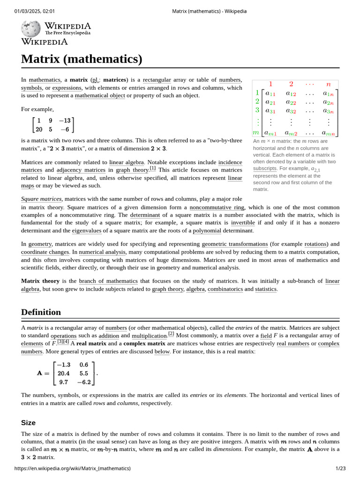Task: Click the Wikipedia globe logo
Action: (x=30, y=29)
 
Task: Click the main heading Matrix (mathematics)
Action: (x=82, y=59)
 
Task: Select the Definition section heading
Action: (x=41, y=312)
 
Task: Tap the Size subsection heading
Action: (x=28, y=422)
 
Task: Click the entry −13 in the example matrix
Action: (x=64, y=120)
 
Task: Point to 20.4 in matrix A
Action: (x=63, y=374)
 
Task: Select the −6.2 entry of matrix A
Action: (x=85, y=382)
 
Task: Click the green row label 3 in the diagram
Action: (x=257, y=111)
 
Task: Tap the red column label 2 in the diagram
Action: (x=291, y=84)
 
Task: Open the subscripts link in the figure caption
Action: (x=264, y=168)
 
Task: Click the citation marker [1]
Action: (x=153, y=168)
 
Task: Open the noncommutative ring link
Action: (x=217, y=207)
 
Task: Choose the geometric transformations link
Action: (x=234, y=244)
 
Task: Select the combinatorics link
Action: (x=225, y=289)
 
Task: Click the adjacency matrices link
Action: (x=87, y=170)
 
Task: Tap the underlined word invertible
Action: (x=243, y=223)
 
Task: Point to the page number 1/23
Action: (x=340, y=468)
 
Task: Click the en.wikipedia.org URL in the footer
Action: (x=73, y=468)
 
